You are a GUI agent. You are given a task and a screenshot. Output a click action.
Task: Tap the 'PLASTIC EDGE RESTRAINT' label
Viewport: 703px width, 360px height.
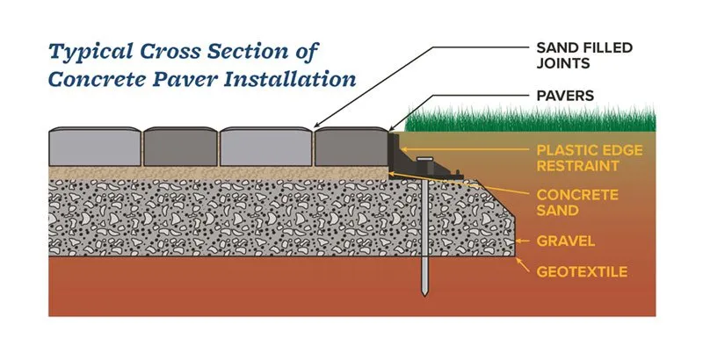[x=591, y=157]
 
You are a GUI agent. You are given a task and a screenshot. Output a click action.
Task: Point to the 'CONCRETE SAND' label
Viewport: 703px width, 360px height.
[x=577, y=201]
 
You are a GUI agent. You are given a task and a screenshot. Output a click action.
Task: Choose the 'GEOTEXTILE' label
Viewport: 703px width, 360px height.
[x=582, y=272]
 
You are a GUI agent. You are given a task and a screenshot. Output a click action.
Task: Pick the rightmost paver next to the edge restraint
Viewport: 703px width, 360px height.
[x=351, y=148]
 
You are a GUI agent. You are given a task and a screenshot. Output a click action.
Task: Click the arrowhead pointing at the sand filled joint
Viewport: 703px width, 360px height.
[x=315, y=127]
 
